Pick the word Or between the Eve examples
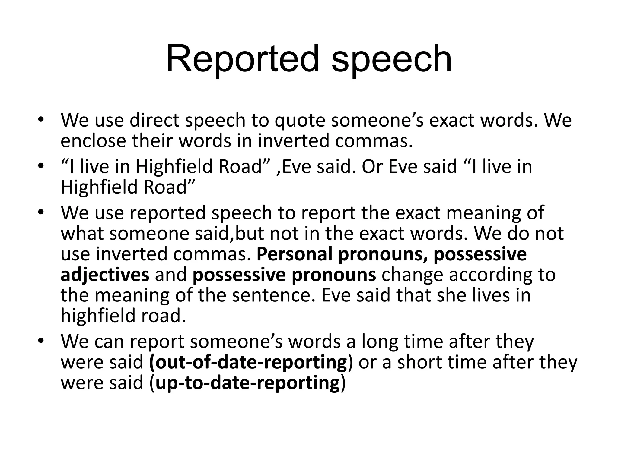(371, 166)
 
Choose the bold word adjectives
(105, 275)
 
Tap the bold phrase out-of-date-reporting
(248, 362)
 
